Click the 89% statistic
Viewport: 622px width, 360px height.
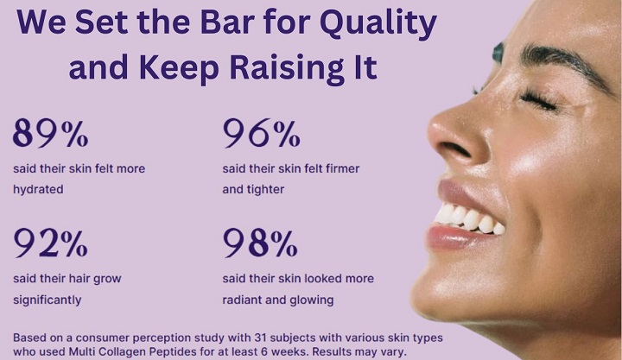point(50,133)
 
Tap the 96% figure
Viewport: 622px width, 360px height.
point(261,133)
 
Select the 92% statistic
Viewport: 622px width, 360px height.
point(50,243)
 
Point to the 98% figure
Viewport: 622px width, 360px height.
point(260,243)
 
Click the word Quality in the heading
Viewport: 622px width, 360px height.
point(378,22)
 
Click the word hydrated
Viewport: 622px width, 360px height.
point(38,189)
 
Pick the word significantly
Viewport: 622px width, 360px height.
point(47,300)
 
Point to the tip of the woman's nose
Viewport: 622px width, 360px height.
point(432,128)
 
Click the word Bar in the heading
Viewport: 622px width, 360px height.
point(227,22)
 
